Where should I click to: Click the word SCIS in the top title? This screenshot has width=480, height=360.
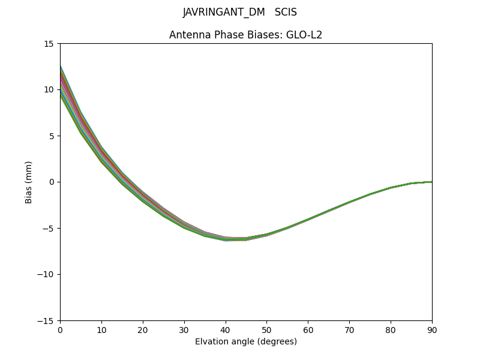[286, 12]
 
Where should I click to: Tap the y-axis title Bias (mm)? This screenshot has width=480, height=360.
[29, 182]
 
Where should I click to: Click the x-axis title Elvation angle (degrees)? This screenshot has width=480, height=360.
[246, 341]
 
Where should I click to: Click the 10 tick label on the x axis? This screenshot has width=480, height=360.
[101, 329]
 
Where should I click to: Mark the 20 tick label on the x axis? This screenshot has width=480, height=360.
[143, 329]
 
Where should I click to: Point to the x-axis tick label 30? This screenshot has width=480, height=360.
[184, 329]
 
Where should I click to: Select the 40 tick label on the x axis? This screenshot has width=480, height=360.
[226, 329]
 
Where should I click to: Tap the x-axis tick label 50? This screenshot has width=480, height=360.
[266, 329]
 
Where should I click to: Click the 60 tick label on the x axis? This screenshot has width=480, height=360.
[308, 329]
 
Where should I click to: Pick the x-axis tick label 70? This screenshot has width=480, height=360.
[349, 329]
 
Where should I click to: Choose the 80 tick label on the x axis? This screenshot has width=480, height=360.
[391, 329]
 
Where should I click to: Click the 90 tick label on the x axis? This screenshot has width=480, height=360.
[432, 329]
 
